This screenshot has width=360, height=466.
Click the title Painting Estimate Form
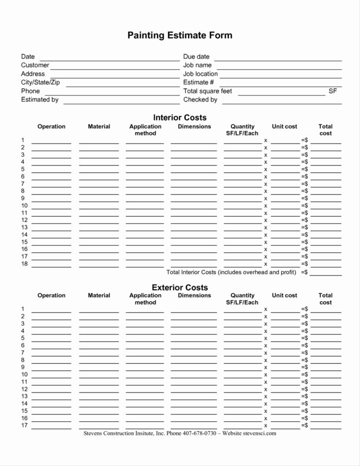(x=180, y=36)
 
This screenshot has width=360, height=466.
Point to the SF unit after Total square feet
(x=333, y=91)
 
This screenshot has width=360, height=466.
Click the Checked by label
(x=200, y=100)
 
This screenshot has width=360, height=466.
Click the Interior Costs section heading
(x=180, y=118)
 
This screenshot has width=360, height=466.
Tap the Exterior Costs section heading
(x=180, y=288)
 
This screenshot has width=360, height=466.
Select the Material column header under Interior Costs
(x=99, y=127)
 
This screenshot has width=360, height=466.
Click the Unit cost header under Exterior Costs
(x=284, y=296)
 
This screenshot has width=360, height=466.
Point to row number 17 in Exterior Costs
(x=24, y=426)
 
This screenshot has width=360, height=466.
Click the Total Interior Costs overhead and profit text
(x=231, y=272)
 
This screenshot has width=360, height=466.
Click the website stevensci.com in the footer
(x=259, y=433)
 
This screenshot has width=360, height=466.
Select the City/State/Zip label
(x=40, y=83)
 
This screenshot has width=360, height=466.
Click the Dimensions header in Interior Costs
(x=194, y=127)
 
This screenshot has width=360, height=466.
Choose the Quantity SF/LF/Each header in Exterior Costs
(x=242, y=299)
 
